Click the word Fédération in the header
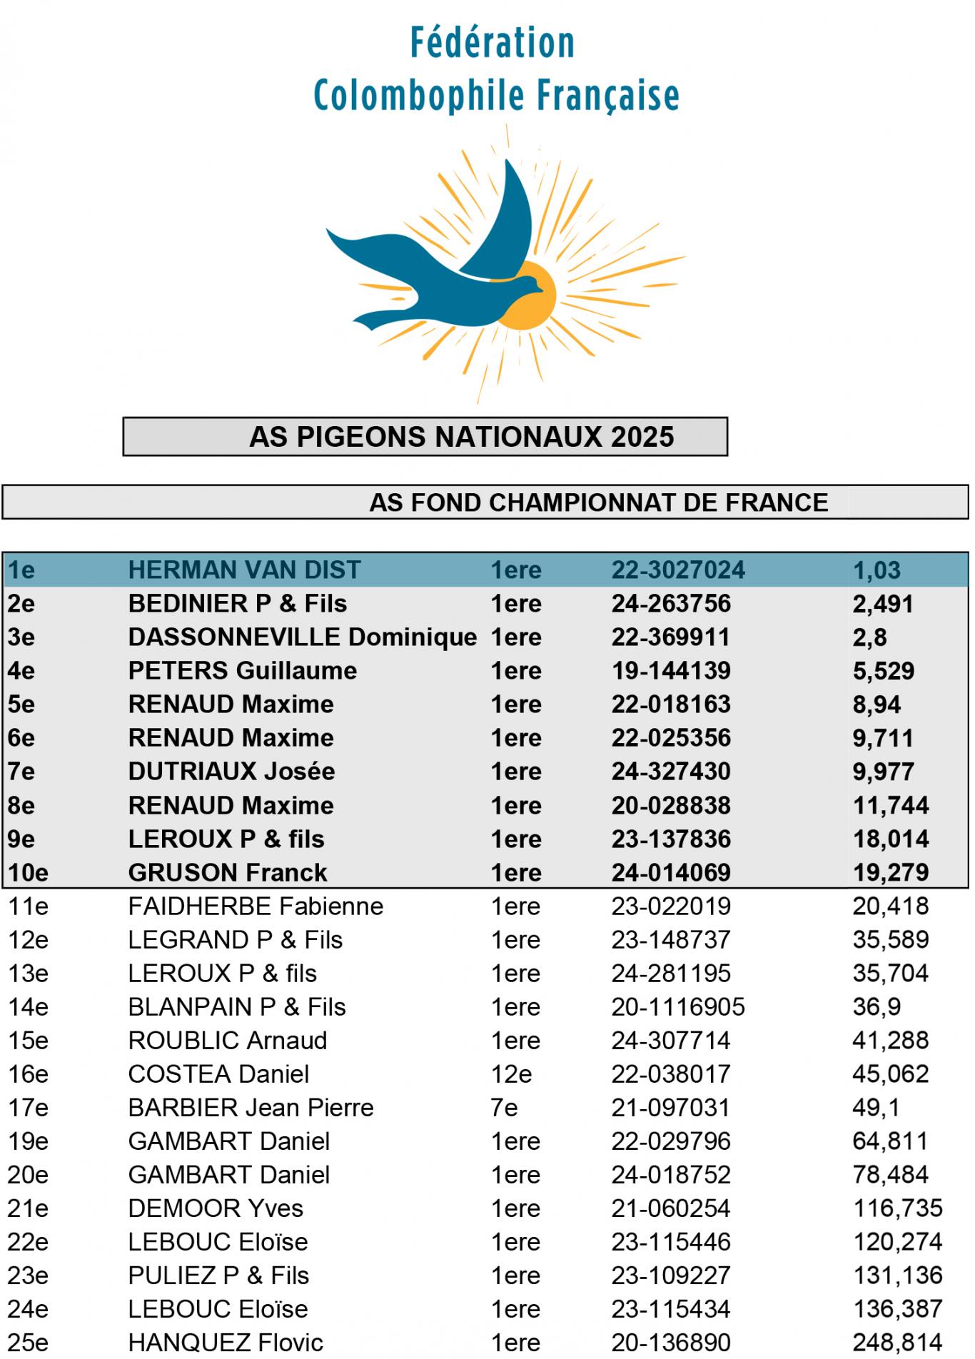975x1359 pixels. (x=492, y=43)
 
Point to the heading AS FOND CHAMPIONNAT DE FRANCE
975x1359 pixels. (x=598, y=502)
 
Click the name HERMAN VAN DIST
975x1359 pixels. (x=244, y=570)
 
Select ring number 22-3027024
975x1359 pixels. (x=678, y=570)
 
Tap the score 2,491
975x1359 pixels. (x=883, y=604)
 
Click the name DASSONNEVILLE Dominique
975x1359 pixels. (x=302, y=637)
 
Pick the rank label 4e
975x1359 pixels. (x=21, y=671)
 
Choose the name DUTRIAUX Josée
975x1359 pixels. (x=231, y=772)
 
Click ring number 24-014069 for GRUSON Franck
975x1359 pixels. (x=671, y=872)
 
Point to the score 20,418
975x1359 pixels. (x=890, y=906)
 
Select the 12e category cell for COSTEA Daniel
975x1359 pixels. (x=511, y=1073)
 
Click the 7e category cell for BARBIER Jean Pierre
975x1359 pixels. (x=504, y=1107)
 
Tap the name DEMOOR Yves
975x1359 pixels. (x=216, y=1208)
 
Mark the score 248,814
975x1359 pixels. (x=897, y=1342)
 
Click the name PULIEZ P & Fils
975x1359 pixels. (x=218, y=1275)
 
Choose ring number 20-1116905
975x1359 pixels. (x=678, y=1006)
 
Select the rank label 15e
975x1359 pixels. (x=28, y=1040)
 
